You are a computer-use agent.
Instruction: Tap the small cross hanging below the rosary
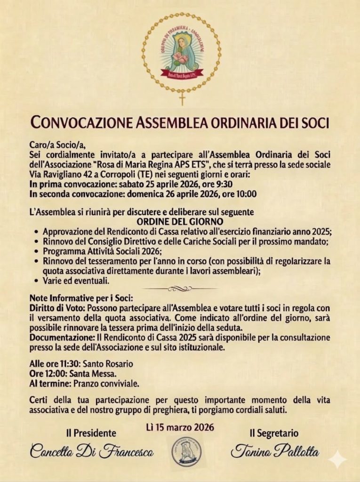point(182,98)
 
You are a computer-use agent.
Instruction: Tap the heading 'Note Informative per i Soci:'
point(81,298)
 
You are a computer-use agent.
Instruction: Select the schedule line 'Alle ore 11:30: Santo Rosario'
point(81,364)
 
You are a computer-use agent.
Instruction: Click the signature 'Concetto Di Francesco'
point(91,451)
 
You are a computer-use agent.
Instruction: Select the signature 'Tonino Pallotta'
point(274,451)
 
